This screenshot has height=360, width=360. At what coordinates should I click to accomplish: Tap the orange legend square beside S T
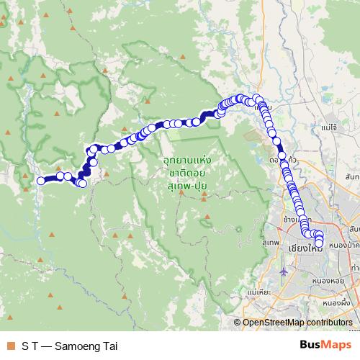pyautogui.click(x=10, y=346)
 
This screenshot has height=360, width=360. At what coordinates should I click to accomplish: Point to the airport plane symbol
pyautogui.click(x=285, y=272)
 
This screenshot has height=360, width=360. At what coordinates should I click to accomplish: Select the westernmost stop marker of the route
pyautogui.click(x=40, y=181)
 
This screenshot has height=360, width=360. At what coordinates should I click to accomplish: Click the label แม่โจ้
pyautogui.click(x=330, y=127)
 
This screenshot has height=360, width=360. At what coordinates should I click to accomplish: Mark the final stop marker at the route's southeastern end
pyautogui.click(x=319, y=250)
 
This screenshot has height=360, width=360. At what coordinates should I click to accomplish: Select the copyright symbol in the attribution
pyautogui.click(x=237, y=323)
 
